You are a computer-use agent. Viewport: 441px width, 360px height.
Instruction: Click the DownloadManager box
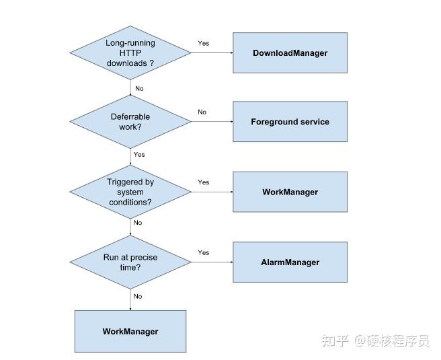pyautogui.click(x=290, y=52)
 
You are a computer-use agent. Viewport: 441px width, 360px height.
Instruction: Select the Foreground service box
pyautogui.click(x=290, y=122)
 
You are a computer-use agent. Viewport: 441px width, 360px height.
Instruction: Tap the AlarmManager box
pyautogui.click(x=290, y=262)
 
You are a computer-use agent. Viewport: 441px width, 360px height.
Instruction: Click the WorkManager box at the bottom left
pyautogui.click(x=130, y=331)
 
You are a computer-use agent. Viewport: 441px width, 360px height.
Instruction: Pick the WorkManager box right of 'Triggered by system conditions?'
pyautogui.click(x=290, y=192)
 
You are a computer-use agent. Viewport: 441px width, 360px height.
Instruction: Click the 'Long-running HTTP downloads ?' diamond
pyautogui.click(x=130, y=52)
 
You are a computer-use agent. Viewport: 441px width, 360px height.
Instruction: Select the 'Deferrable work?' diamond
pyautogui.click(x=130, y=121)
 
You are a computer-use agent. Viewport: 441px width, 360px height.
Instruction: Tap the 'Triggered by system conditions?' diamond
pyautogui.click(x=130, y=192)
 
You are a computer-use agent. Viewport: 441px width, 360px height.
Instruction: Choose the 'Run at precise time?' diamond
pyautogui.click(x=130, y=262)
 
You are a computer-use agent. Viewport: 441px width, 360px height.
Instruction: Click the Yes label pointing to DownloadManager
pyautogui.click(x=203, y=43)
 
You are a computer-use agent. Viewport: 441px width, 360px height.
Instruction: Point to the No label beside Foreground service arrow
pyautogui.click(x=202, y=112)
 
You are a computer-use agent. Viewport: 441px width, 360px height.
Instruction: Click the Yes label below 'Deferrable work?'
pyautogui.click(x=139, y=155)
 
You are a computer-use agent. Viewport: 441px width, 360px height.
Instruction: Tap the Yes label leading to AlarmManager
pyautogui.click(x=203, y=253)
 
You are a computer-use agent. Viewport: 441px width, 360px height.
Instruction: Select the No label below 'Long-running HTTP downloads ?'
pyautogui.click(x=139, y=89)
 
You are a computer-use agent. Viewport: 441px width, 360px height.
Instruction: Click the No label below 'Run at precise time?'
pyautogui.click(x=138, y=296)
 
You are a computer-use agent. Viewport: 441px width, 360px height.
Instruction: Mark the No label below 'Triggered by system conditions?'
pyautogui.click(x=138, y=223)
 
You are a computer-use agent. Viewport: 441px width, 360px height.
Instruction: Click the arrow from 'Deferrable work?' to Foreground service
pyautogui.click(x=212, y=122)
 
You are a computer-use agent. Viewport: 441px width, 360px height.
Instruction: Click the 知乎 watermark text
pyautogui.click(x=335, y=341)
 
